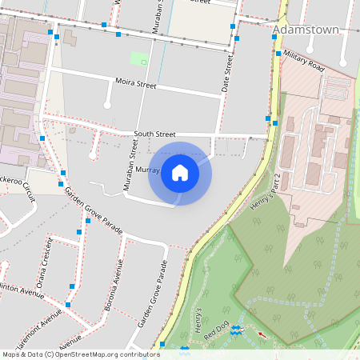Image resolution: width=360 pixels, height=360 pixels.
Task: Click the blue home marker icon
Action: tap(180, 172)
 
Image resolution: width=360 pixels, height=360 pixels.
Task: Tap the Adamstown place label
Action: tap(306, 30)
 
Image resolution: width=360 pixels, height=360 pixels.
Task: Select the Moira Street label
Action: tap(135, 83)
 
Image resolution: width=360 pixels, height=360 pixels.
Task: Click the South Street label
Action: tap(154, 134)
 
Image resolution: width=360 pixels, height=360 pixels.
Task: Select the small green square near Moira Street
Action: tap(139, 59)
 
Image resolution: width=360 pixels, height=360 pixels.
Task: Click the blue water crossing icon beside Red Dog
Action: tap(236, 330)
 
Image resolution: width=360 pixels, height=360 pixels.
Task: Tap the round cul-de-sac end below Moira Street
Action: tap(107, 102)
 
